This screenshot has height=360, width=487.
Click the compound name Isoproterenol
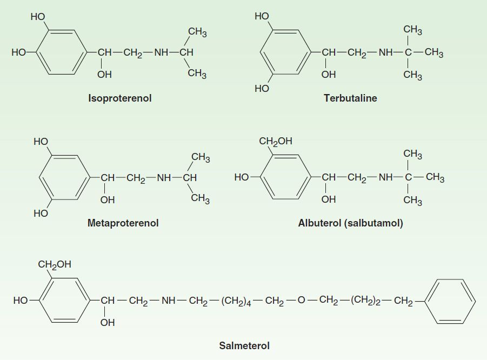click(x=119, y=98)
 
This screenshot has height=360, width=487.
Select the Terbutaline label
click(x=350, y=98)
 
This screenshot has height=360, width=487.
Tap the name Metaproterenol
click(x=123, y=223)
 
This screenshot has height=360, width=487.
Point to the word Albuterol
click(x=319, y=223)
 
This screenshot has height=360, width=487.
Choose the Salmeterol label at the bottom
click(x=244, y=345)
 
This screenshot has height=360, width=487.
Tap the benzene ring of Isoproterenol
click(x=60, y=52)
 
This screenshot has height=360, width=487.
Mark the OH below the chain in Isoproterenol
click(x=104, y=75)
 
